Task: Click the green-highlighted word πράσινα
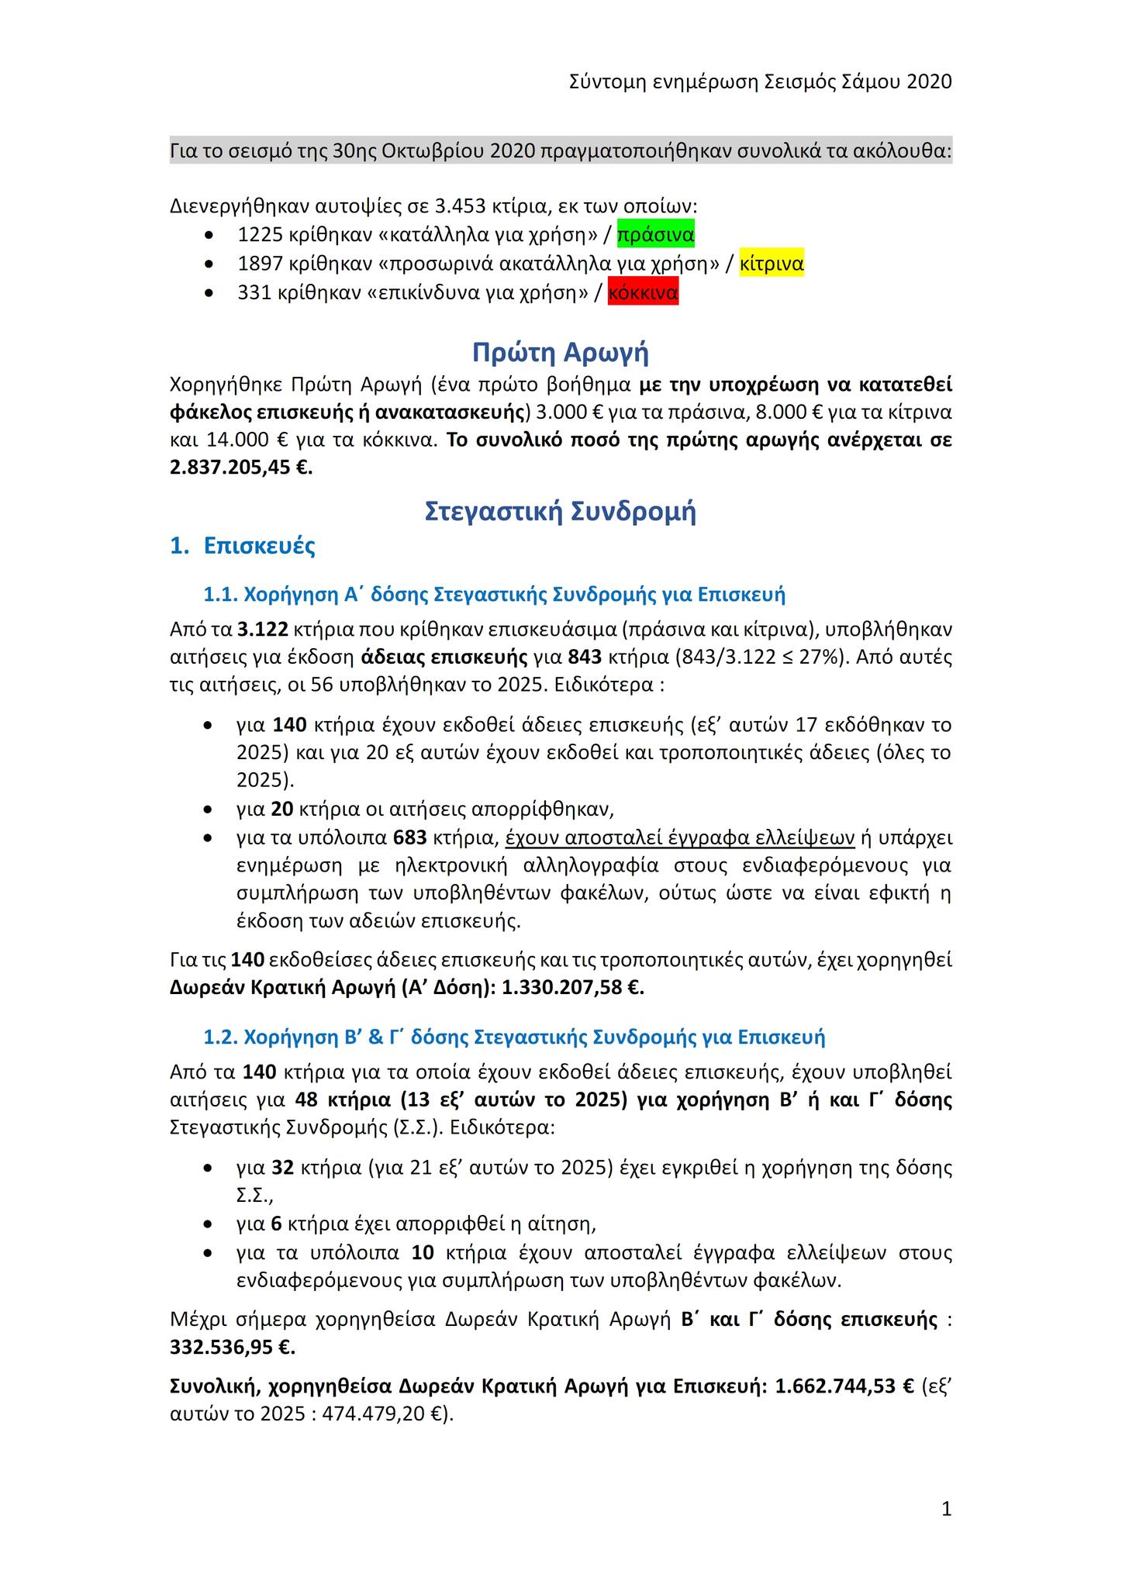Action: click(655, 234)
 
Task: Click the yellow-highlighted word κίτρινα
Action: click(772, 264)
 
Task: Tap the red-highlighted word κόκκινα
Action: click(643, 293)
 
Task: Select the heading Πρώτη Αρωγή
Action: click(561, 353)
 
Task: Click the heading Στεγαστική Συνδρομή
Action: click(561, 513)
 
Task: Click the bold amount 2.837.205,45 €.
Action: click(241, 468)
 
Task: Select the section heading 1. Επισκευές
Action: click(243, 546)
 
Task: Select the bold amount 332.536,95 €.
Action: click(233, 1348)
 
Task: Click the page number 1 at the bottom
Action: click(946, 1509)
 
